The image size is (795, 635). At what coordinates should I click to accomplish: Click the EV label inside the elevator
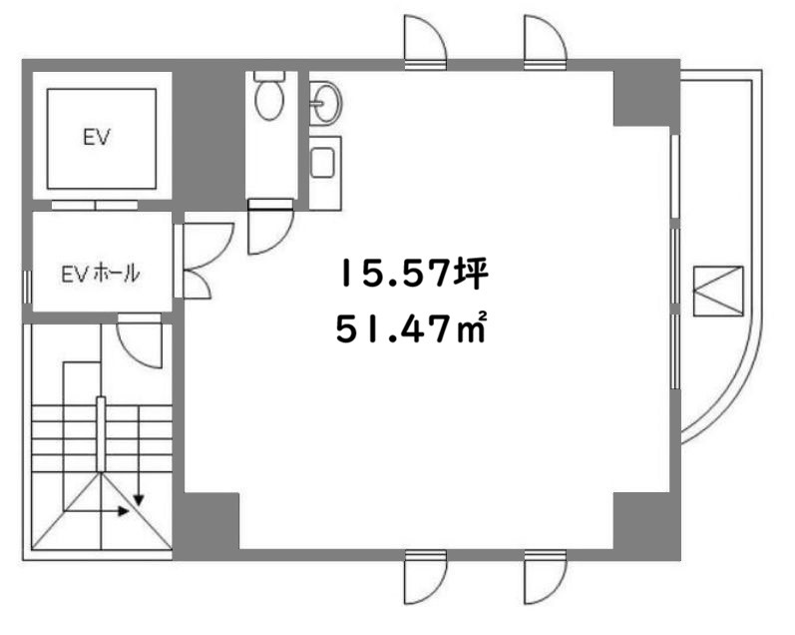pyautogui.click(x=97, y=137)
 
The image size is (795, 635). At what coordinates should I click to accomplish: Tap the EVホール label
pyautogui.click(x=101, y=275)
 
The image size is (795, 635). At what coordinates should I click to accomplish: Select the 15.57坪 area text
pyautogui.click(x=414, y=274)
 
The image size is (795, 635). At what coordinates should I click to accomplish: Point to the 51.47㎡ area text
pyautogui.click(x=411, y=328)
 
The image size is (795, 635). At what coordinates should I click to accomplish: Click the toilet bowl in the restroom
pyautogui.click(x=269, y=96)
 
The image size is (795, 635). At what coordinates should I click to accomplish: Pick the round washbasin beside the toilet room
pyautogui.click(x=325, y=103)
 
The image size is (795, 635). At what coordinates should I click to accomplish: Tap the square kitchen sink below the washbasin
pyautogui.click(x=322, y=163)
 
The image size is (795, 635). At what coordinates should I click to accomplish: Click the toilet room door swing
pyautogui.click(x=270, y=231)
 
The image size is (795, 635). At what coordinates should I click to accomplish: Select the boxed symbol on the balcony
pyautogui.click(x=718, y=292)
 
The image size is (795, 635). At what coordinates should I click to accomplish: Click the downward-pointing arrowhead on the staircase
pyautogui.click(x=139, y=500)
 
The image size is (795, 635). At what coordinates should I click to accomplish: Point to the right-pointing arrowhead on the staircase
pyautogui.click(x=124, y=511)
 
